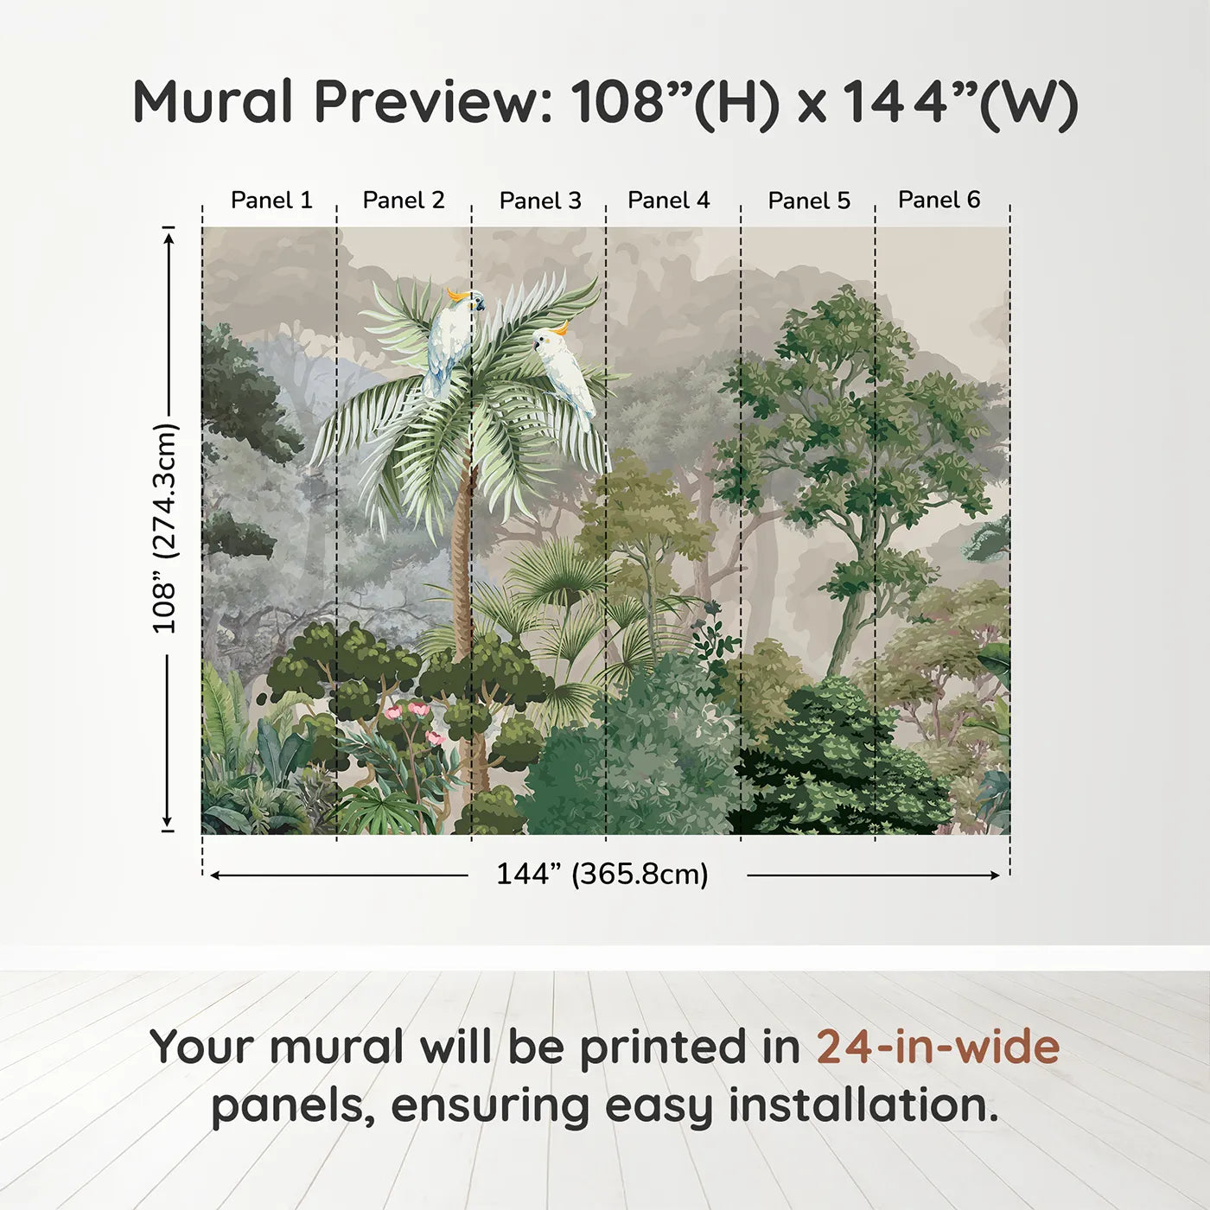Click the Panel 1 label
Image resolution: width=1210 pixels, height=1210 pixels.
(x=271, y=200)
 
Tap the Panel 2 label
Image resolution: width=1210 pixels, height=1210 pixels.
(x=404, y=200)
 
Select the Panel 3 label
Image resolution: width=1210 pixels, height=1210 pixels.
(x=540, y=201)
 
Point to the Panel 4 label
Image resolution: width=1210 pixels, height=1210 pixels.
(x=669, y=200)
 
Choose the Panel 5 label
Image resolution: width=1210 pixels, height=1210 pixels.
(x=809, y=201)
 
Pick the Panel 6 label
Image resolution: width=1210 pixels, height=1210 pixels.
(x=939, y=199)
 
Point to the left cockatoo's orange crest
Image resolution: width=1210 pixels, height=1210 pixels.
(x=455, y=295)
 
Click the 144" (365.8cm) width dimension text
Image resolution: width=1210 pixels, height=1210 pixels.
(x=602, y=874)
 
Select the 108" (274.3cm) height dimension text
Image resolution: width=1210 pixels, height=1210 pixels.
(x=165, y=528)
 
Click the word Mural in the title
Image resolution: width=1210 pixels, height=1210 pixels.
(x=213, y=101)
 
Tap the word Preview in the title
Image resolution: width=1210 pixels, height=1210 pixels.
(x=433, y=101)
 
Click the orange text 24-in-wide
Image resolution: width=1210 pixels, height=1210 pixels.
(x=938, y=1047)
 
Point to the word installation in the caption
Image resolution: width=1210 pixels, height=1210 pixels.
(x=863, y=1105)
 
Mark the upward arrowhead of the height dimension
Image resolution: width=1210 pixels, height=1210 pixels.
(x=169, y=239)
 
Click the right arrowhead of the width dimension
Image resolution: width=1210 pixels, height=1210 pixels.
(x=994, y=876)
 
